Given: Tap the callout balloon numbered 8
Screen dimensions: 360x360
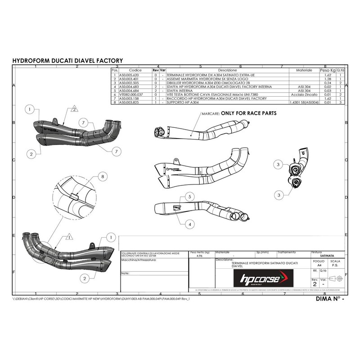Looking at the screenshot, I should click(103, 177).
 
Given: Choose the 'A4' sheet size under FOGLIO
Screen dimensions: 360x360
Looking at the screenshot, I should click(319, 266).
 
